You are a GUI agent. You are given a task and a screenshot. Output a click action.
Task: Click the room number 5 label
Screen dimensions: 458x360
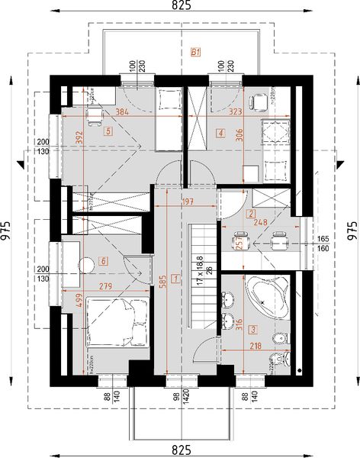point(109,131)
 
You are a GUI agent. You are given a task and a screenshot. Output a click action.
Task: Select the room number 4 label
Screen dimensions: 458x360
point(220,133)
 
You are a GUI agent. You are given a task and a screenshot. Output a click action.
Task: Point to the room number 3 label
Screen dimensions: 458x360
point(252,330)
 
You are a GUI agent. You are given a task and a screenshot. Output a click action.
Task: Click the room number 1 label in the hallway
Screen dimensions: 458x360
point(175,279)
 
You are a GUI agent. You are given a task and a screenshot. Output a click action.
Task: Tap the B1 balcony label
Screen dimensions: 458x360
point(195,53)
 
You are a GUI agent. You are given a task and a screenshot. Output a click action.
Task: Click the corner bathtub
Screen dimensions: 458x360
point(266,298)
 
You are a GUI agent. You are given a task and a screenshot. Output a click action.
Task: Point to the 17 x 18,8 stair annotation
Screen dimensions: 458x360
point(200,270)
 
